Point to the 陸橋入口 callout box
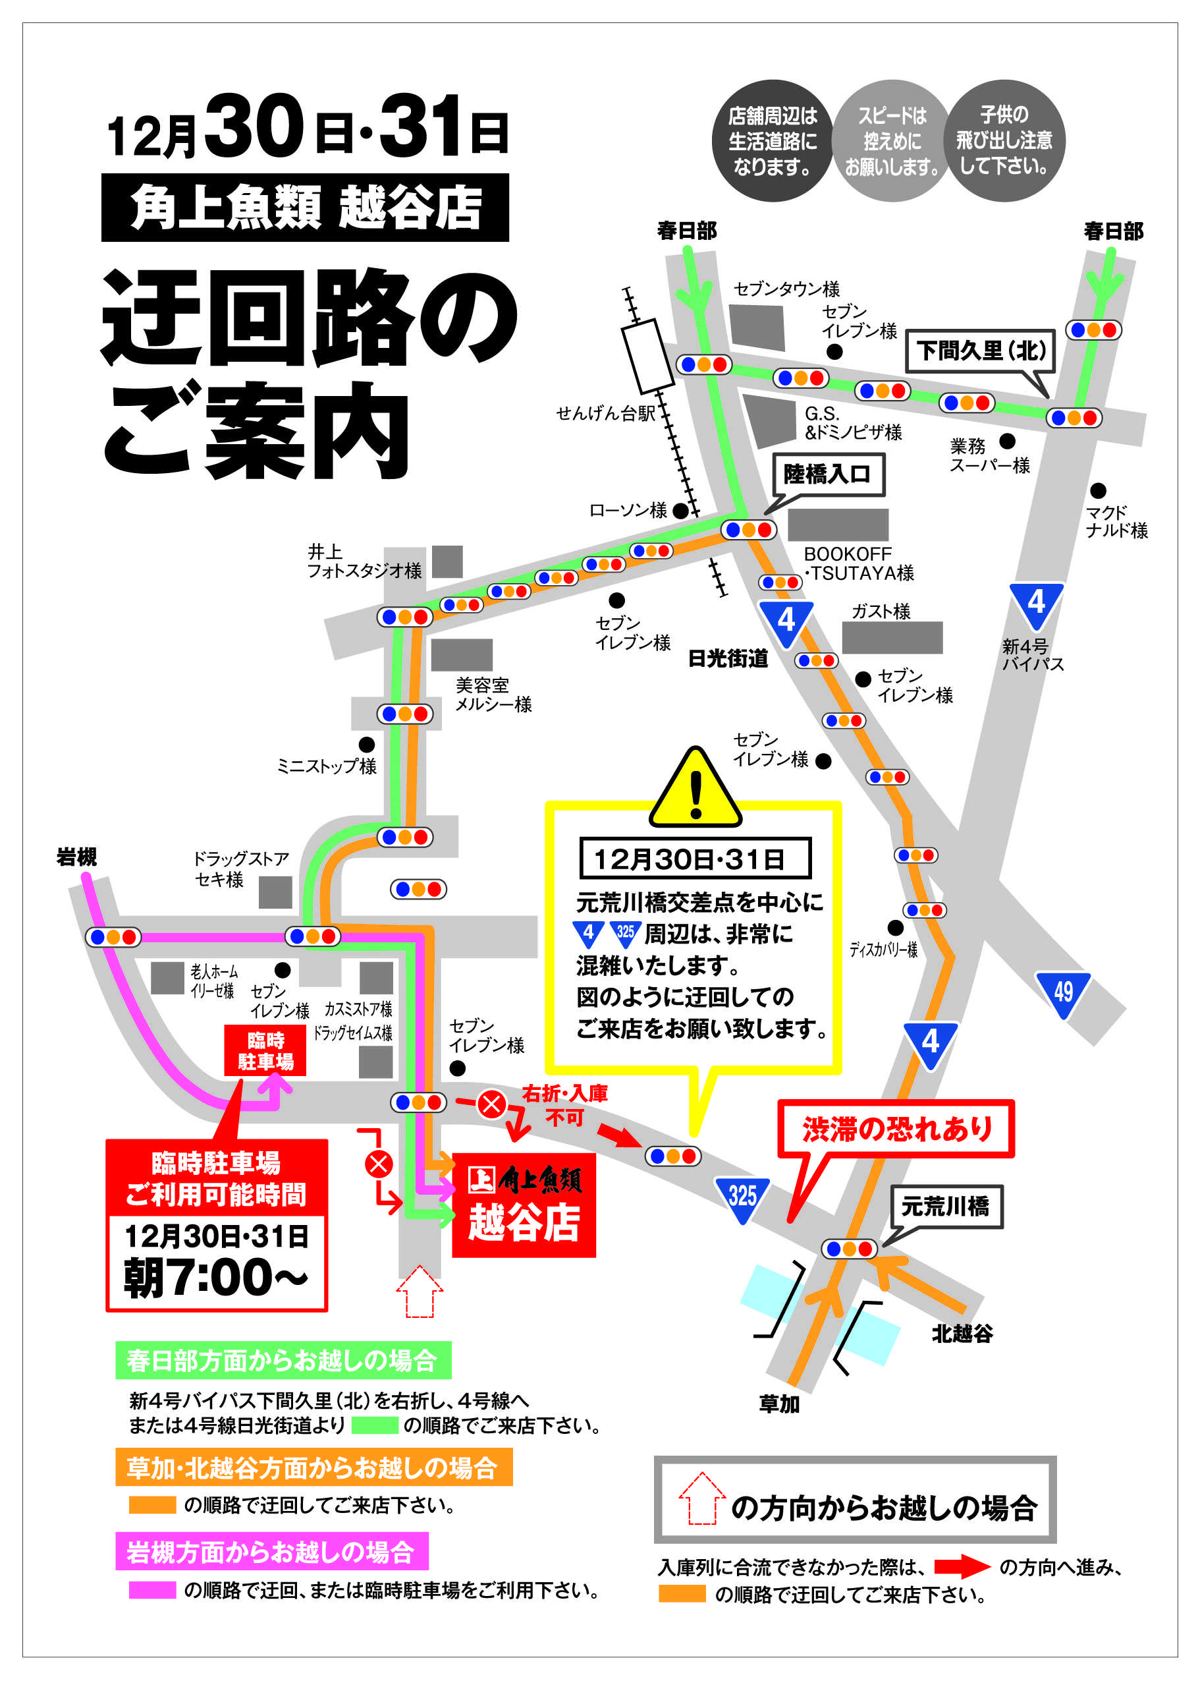(828, 474)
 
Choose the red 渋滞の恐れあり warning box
(896, 1128)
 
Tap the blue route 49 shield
(1063, 992)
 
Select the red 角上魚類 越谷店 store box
(523, 1205)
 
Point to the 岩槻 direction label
(76, 857)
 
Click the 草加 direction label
(779, 1404)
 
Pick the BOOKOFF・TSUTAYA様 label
(858, 563)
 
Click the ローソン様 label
(628, 510)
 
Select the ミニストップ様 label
(326, 766)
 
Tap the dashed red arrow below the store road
(419, 1292)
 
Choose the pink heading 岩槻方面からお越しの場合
(271, 1552)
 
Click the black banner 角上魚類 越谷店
(305, 208)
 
